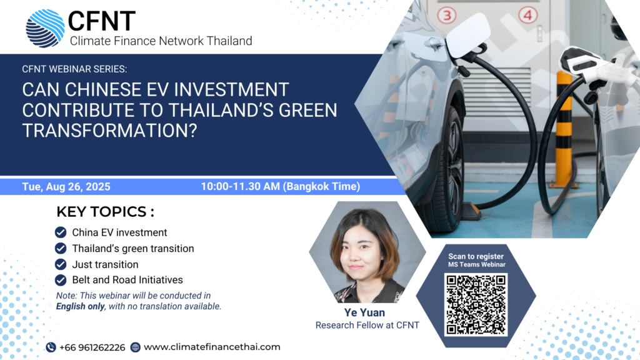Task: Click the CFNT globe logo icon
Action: tap(45, 28)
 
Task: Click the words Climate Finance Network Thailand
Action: tap(161, 41)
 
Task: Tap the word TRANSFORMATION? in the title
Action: tap(110, 131)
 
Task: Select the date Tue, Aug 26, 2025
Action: tap(66, 186)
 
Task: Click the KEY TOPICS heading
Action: tap(105, 212)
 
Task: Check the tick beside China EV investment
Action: tap(61, 232)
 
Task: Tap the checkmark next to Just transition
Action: tap(61, 264)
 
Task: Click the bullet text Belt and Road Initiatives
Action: tap(127, 280)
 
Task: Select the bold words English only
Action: tap(81, 306)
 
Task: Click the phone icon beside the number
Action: tap(51, 347)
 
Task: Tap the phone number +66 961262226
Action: tap(92, 347)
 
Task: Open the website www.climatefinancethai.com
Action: tap(212, 347)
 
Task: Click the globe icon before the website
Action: tap(135, 347)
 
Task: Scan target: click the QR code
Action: tap(476, 305)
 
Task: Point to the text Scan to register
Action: tap(476, 256)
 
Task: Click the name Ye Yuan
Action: tap(364, 312)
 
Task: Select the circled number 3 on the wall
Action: tap(447, 16)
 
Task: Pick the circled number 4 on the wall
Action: tap(527, 15)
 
